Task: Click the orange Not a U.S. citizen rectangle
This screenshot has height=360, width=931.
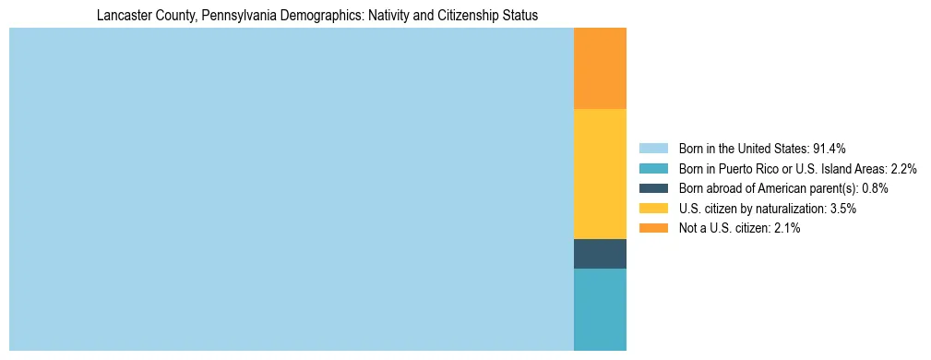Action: click(600, 68)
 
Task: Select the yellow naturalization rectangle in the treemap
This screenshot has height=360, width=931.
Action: click(600, 174)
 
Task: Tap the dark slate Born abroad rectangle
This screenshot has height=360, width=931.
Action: click(600, 253)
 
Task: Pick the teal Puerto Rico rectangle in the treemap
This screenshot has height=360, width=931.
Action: click(600, 309)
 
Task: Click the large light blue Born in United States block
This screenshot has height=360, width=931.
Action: click(291, 189)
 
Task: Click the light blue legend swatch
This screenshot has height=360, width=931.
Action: click(652, 149)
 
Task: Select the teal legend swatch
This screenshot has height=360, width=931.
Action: click(652, 169)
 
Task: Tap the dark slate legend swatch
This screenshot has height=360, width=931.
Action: click(652, 188)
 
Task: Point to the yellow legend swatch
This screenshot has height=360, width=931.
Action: click(652, 209)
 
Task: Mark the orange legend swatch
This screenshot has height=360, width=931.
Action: click(652, 228)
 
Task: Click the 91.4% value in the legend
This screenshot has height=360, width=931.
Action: click(829, 149)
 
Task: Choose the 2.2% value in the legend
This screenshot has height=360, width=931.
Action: click(903, 169)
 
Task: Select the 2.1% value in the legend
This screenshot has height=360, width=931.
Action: click(787, 228)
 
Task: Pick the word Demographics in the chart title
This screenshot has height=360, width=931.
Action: click(298, 16)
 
